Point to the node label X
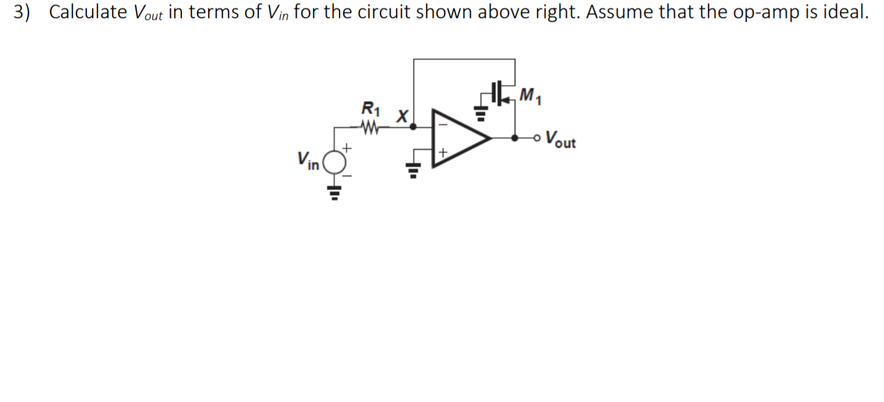coord(402,115)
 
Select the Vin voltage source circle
coord(335,163)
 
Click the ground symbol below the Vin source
coord(335,193)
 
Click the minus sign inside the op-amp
coord(443,124)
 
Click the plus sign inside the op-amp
coord(443,152)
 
